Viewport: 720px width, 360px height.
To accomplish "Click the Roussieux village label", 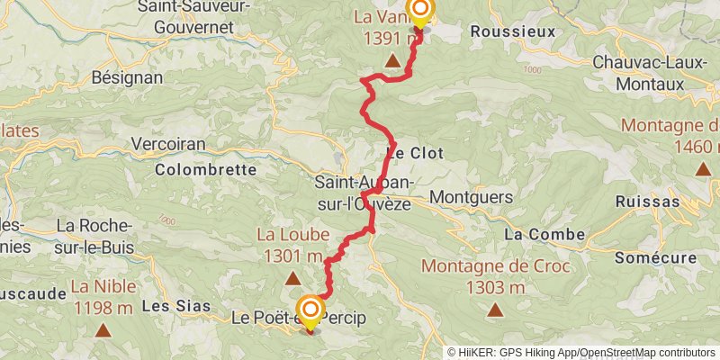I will click(513, 31).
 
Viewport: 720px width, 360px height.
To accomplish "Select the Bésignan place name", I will click(127, 77).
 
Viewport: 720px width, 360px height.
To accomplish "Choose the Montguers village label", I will click(472, 196).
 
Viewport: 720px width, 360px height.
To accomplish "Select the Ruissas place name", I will click(647, 201).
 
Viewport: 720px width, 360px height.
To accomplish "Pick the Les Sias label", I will click(169, 306).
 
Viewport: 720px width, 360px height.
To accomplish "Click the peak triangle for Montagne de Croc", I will click(494, 311).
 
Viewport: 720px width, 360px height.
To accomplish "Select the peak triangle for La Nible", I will click(104, 331).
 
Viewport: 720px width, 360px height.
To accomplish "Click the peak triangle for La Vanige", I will click(392, 61).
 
